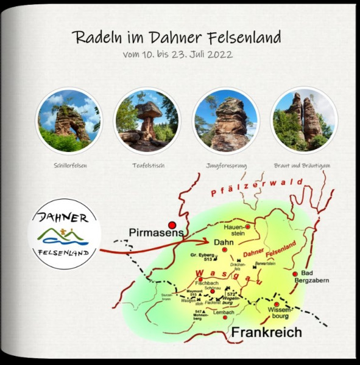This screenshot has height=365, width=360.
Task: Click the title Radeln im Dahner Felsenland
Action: pos(177,37)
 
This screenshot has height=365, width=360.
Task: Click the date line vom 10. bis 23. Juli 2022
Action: pos(177,54)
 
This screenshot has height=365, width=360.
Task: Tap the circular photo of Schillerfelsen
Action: pos(69,120)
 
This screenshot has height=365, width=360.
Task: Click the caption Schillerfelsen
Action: pos(69,164)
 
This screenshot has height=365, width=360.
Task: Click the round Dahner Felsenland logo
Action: pos(65,234)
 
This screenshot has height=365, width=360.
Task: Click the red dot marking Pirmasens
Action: pos(172,224)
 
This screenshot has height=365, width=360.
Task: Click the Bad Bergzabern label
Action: pos(311,277)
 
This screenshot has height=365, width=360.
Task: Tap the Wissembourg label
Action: pos(280,313)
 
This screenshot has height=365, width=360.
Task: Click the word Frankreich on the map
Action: pos(266,332)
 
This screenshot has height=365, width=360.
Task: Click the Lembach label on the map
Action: pos(224,312)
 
